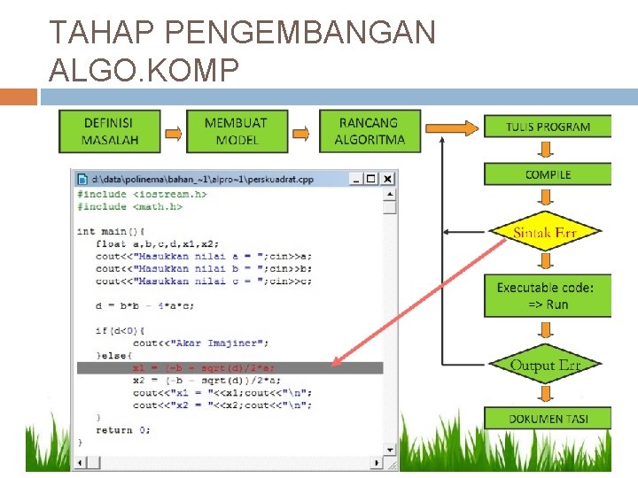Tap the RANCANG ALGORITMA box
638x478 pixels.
pyautogui.click(x=369, y=130)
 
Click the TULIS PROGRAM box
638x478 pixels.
pyautogui.click(x=548, y=127)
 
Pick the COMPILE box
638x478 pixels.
pyautogui.click(x=548, y=174)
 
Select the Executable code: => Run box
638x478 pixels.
pyautogui.click(x=546, y=296)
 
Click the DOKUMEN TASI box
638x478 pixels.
pyautogui.click(x=548, y=418)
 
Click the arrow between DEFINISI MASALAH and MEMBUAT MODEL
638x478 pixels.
pyautogui.click(x=173, y=134)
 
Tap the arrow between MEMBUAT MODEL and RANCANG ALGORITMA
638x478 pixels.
pyautogui.click(x=302, y=134)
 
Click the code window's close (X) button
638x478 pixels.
pyautogui.click(x=387, y=179)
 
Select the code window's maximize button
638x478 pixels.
pyautogui.click(x=371, y=179)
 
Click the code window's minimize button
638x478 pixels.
pyautogui.click(x=356, y=179)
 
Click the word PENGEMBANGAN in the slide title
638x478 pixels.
pyautogui.click(x=300, y=32)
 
